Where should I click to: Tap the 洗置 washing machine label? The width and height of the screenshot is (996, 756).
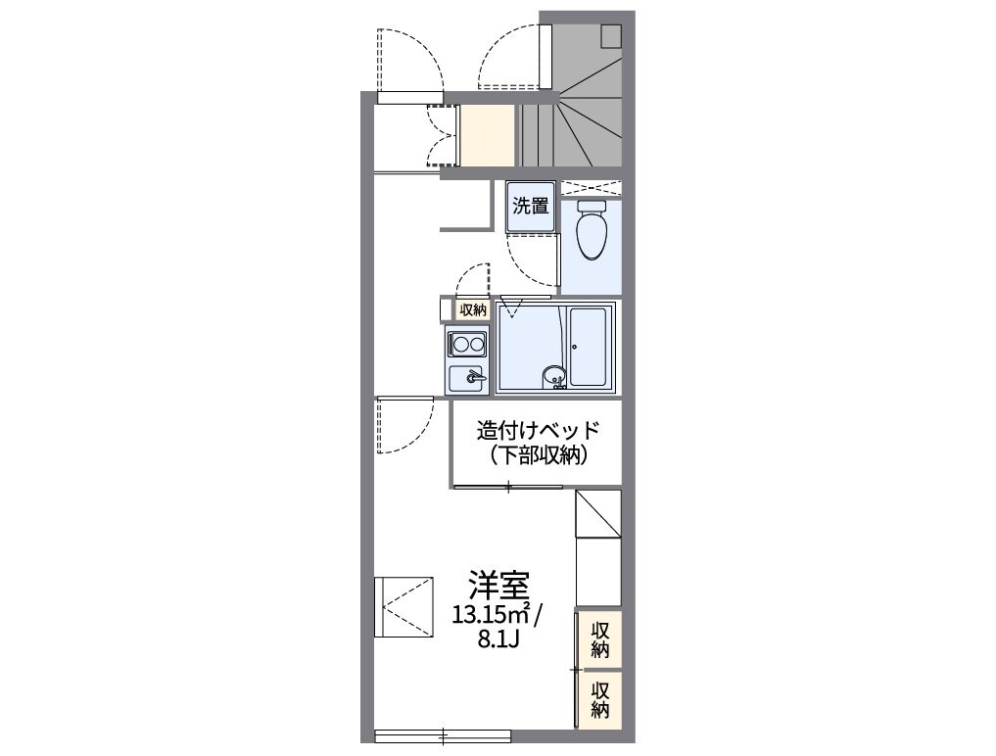tap(531, 207)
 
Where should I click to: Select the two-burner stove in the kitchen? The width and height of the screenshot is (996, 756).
tap(467, 344)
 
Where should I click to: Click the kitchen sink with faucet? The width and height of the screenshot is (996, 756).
tap(468, 377)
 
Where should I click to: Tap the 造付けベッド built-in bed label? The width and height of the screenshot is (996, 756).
tap(537, 430)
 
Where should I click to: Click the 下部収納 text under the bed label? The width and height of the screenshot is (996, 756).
tap(537, 454)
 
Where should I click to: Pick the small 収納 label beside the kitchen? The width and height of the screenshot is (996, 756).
tap(472, 309)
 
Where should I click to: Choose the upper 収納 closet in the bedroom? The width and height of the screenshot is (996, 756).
tap(600, 639)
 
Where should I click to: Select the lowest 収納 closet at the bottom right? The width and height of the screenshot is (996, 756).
tap(600, 697)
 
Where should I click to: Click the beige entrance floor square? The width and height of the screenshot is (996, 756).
tap(488, 134)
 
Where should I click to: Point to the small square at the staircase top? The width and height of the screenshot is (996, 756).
tap(611, 35)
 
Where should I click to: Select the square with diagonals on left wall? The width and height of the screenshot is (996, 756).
tap(403, 607)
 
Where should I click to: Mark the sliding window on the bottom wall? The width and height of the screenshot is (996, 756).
tap(443, 734)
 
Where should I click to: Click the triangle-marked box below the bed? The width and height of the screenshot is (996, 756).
tap(596, 513)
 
